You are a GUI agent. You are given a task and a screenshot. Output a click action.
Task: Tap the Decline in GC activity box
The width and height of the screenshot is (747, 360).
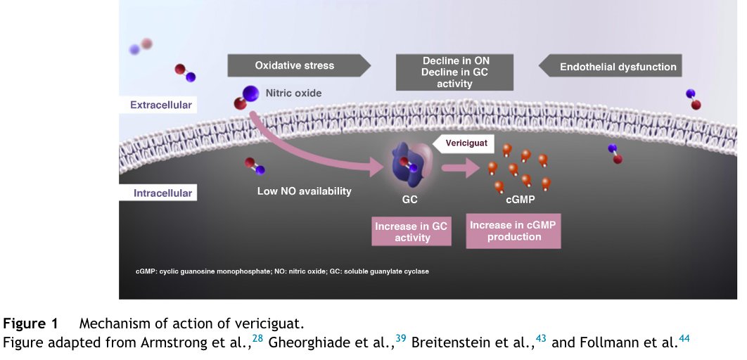[x=447, y=72]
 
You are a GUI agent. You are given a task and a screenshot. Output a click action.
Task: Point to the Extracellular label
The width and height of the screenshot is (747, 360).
[x=160, y=105]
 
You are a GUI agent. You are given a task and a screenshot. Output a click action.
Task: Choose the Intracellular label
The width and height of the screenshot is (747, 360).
[x=162, y=193]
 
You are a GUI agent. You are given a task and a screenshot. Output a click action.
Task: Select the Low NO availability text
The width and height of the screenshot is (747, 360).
[x=304, y=191]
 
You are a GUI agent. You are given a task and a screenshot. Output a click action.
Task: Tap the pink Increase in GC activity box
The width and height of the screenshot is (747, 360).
[x=411, y=232]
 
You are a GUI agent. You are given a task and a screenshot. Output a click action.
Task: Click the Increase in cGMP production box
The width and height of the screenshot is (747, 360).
[x=513, y=231]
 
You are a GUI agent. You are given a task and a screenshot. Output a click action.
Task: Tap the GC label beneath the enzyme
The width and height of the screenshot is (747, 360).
[x=409, y=200]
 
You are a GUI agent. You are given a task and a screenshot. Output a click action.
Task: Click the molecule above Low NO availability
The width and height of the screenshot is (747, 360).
[x=255, y=166]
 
